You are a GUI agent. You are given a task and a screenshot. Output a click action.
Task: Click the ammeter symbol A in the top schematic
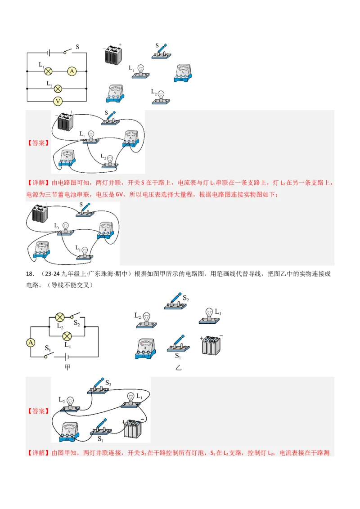(x=72, y=71)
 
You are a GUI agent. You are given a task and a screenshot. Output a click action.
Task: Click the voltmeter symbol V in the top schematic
(x=58, y=101)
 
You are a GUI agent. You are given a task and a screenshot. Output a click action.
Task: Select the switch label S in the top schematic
(x=77, y=47)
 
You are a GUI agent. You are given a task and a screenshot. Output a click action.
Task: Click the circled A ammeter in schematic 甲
(x=31, y=343)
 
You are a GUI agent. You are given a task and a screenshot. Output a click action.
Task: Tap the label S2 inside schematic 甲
(x=76, y=323)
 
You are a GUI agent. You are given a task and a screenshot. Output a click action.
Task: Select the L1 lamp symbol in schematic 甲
(x=67, y=336)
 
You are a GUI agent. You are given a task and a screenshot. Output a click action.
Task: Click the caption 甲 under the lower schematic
(x=67, y=367)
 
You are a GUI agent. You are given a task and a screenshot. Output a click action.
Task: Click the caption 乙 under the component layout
(x=178, y=367)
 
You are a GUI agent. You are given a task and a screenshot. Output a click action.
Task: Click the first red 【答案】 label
(x=38, y=143)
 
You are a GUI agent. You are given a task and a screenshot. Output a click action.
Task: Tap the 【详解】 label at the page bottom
(x=38, y=452)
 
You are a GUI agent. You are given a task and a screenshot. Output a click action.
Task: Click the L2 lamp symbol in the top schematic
(x=58, y=89)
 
